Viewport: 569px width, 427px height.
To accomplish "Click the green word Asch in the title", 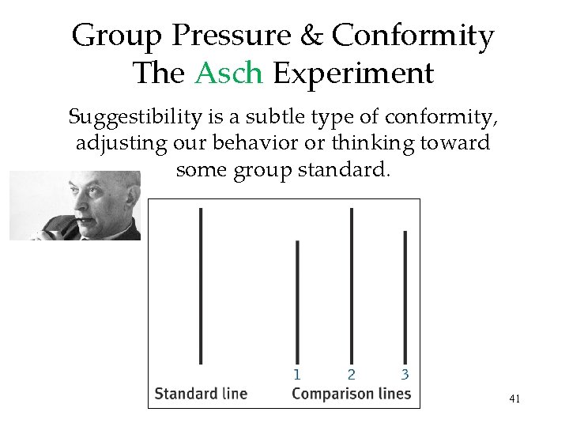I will (x=228, y=74).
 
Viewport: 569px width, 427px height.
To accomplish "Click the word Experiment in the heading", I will (x=353, y=74).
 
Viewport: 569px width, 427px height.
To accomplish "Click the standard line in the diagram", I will (x=201, y=285).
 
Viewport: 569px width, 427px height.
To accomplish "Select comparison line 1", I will (x=297, y=300).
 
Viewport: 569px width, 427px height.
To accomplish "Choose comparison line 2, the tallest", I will (x=351, y=285).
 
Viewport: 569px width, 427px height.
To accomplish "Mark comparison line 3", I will (x=405, y=297).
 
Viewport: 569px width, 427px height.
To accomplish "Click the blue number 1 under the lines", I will (x=297, y=374).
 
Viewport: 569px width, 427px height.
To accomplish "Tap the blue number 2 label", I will (x=351, y=374).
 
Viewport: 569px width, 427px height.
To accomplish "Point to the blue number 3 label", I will (x=405, y=374).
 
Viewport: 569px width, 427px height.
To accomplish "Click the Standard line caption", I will (x=201, y=393).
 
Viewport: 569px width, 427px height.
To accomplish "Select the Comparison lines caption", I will (x=351, y=393).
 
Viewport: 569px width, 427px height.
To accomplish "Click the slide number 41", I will (x=514, y=399).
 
